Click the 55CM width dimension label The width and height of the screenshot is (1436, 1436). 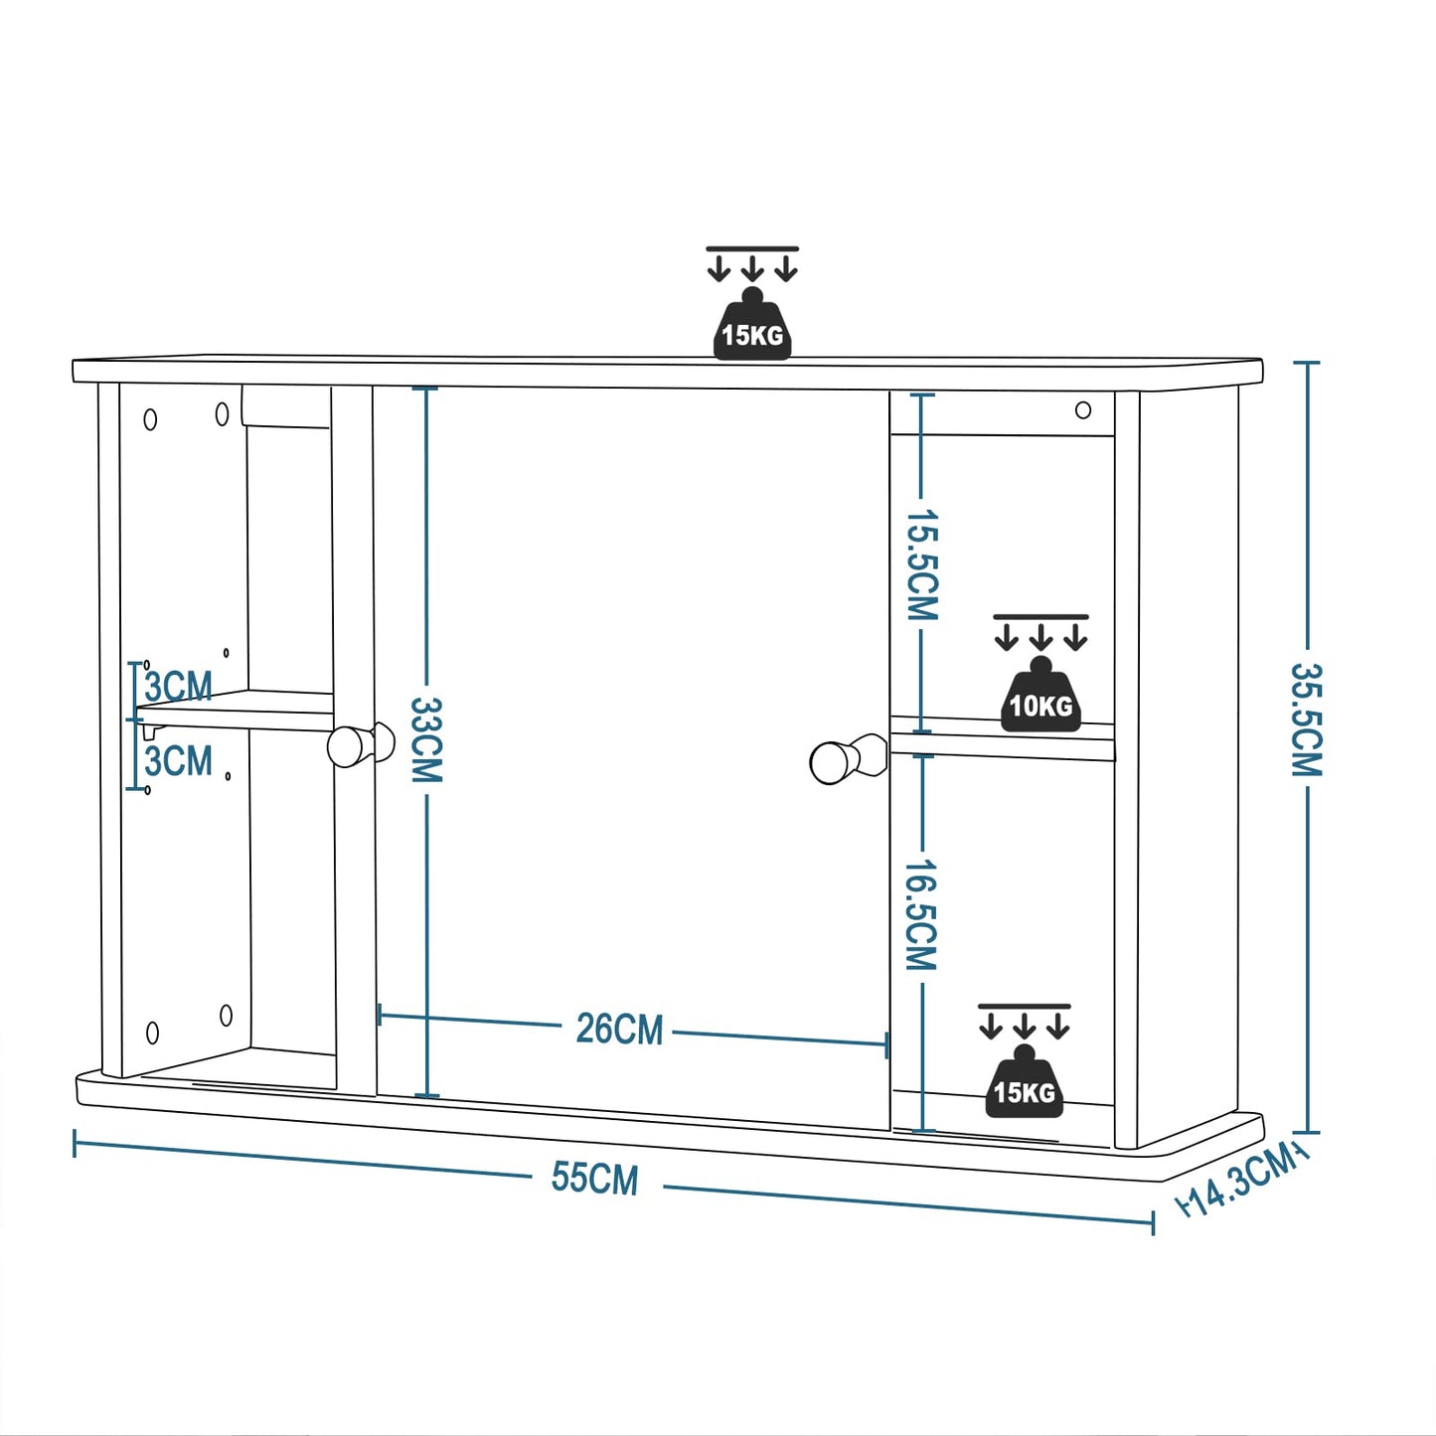pyautogui.click(x=594, y=1178)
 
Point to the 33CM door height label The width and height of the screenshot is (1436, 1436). pyautogui.click(x=426, y=739)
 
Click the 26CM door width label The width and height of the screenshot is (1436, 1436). pyautogui.click(x=619, y=1029)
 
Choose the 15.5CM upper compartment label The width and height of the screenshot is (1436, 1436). pyautogui.click(x=921, y=564)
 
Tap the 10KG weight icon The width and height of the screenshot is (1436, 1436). pyautogui.click(x=1040, y=698)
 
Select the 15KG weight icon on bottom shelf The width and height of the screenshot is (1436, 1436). pyautogui.click(x=1025, y=1085)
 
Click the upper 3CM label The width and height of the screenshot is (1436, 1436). pyautogui.click(x=179, y=687)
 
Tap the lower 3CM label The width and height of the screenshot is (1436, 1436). pyautogui.click(x=179, y=762)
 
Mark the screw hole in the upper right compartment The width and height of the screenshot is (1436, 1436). pyautogui.click(x=1083, y=409)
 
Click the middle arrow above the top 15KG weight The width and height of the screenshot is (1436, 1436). pyautogui.click(x=752, y=268)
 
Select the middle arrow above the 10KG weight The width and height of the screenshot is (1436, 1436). pyautogui.click(x=1040, y=637)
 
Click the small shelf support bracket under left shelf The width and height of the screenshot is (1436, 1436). pyautogui.click(x=150, y=730)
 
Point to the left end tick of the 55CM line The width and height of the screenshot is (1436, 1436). pyautogui.click(x=76, y=1144)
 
